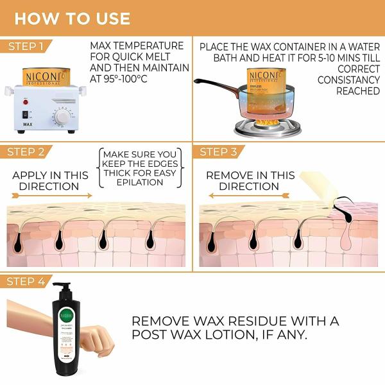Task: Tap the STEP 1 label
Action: click(x=26, y=46)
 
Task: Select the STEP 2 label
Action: click(x=26, y=152)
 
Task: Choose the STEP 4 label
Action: click(x=26, y=281)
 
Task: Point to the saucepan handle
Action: click(x=212, y=83)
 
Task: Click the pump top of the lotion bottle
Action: click(x=62, y=288)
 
